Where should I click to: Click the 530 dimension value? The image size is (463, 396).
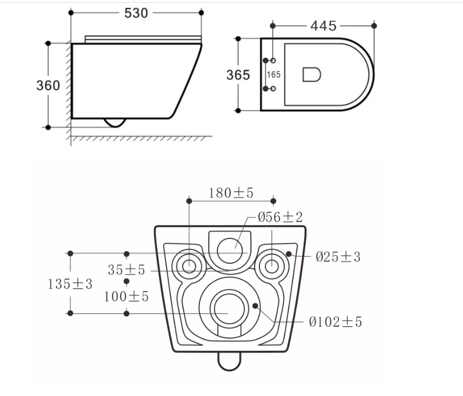[x=136, y=13]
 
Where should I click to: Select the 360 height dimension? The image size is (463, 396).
[x=48, y=86]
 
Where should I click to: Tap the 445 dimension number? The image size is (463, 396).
[x=324, y=26]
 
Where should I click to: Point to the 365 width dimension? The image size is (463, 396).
[x=238, y=75]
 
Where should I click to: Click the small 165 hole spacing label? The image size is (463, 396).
[x=274, y=75]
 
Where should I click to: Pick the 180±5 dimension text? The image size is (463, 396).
[x=231, y=193]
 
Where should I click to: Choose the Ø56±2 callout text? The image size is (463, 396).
[x=280, y=217]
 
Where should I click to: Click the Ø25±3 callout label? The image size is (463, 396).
[x=338, y=257]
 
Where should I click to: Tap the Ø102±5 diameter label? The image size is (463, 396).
[x=335, y=322]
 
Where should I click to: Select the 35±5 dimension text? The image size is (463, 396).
[x=126, y=270]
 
